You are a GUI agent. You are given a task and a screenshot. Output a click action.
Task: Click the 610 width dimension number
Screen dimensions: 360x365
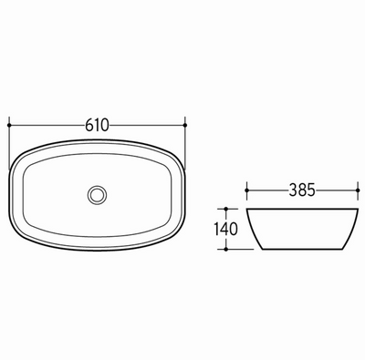coord(96,124)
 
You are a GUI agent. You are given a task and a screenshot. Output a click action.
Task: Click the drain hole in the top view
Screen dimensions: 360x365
coord(96,194)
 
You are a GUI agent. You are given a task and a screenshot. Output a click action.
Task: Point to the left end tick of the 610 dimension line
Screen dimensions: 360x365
coord(8,124)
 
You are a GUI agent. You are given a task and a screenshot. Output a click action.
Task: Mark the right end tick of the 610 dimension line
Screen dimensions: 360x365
coord(185,124)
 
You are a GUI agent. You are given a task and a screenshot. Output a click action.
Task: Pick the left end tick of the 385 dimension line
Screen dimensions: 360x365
coord(248,191)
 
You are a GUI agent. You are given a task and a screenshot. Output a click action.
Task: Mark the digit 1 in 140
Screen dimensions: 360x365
coord(217,227)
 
